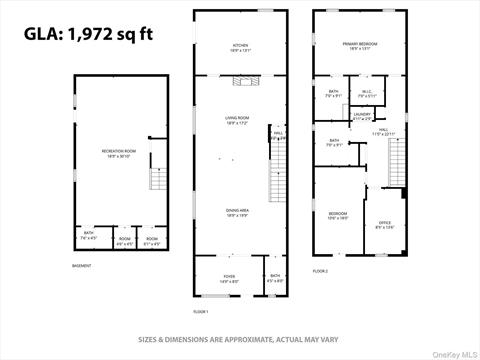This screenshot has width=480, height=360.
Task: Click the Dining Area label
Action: (237, 211)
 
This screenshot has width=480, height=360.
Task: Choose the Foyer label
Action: (229, 278)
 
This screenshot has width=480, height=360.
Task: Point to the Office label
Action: (384, 223)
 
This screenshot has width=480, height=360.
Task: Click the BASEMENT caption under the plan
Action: (82, 265)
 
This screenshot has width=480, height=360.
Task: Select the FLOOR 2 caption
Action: (320, 271)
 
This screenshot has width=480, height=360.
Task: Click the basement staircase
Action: (156, 178)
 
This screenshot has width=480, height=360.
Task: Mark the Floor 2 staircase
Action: (398, 162)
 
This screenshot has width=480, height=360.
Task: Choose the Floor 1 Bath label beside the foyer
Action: (274, 278)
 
